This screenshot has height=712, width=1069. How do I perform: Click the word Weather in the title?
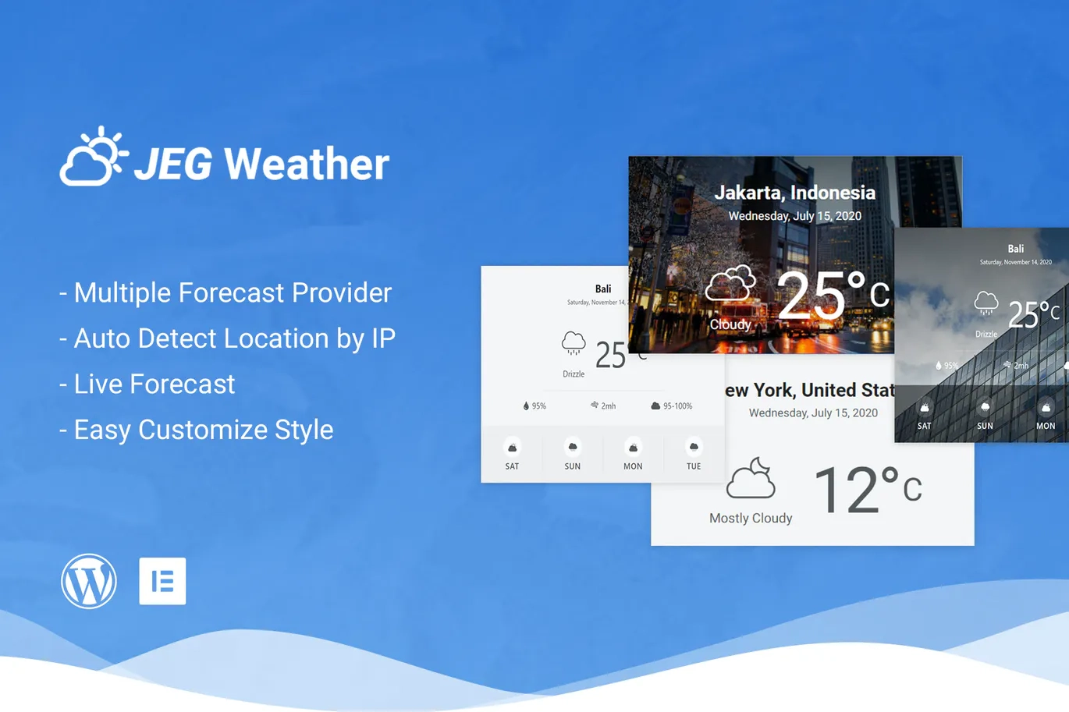coord(307,164)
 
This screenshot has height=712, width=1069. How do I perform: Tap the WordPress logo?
coord(89,581)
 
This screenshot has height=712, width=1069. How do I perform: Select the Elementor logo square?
coord(162,581)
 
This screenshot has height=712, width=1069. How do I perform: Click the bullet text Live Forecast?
coord(154,384)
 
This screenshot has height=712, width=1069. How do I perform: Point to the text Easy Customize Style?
coord(203,430)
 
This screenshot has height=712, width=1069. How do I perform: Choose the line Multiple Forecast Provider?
coord(233,292)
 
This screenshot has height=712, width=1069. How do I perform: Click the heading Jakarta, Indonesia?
coord(794,193)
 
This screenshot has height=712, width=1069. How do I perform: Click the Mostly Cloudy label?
coord(751,518)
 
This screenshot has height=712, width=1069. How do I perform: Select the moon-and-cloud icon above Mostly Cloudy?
coord(751,478)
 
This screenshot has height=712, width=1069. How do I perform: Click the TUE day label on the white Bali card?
coord(694,466)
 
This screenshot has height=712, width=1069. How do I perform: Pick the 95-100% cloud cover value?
coord(677,406)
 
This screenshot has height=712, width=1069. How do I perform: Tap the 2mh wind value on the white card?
coord(608,406)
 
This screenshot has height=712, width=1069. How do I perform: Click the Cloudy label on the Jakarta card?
coord(730,324)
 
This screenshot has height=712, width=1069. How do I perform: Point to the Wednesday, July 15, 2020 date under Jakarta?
coord(794,216)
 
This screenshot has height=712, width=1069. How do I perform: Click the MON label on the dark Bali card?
coord(1046,426)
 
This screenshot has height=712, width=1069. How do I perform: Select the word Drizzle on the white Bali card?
coord(574,374)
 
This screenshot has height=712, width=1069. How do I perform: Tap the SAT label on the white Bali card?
coord(512,466)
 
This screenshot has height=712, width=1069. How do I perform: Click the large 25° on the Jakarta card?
coord(812,296)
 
